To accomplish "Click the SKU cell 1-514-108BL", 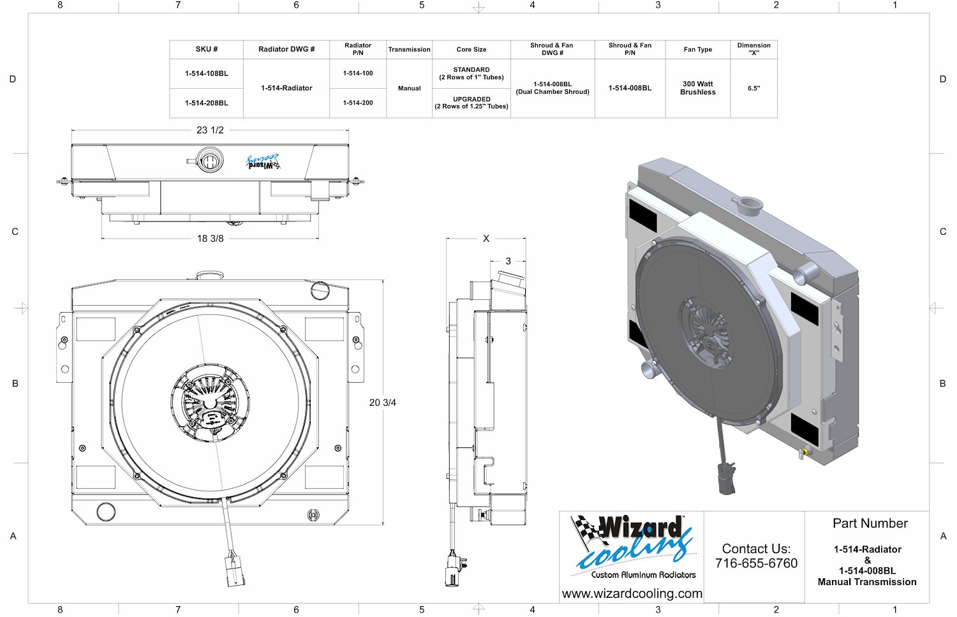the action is pyautogui.click(x=206, y=73).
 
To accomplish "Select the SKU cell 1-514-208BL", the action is pyautogui.click(x=206, y=103).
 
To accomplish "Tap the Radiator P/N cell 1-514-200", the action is pyautogui.click(x=357, y=103).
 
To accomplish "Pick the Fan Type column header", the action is pyautogui.click(x=698, y=50).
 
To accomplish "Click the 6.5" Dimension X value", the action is pyautogui.click(x=753, y=89).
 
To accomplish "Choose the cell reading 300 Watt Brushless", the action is pyautogui.click(x=698, y=88).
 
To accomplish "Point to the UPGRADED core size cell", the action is pyautogui.click(x=471, y=103).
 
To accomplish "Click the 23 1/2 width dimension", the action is pyautogui.click(x=210, y=130).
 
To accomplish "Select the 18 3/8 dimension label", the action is pyautogui.click(x=210, y=239).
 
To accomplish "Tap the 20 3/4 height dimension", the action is pyautogui.click(x=382, y=403).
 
